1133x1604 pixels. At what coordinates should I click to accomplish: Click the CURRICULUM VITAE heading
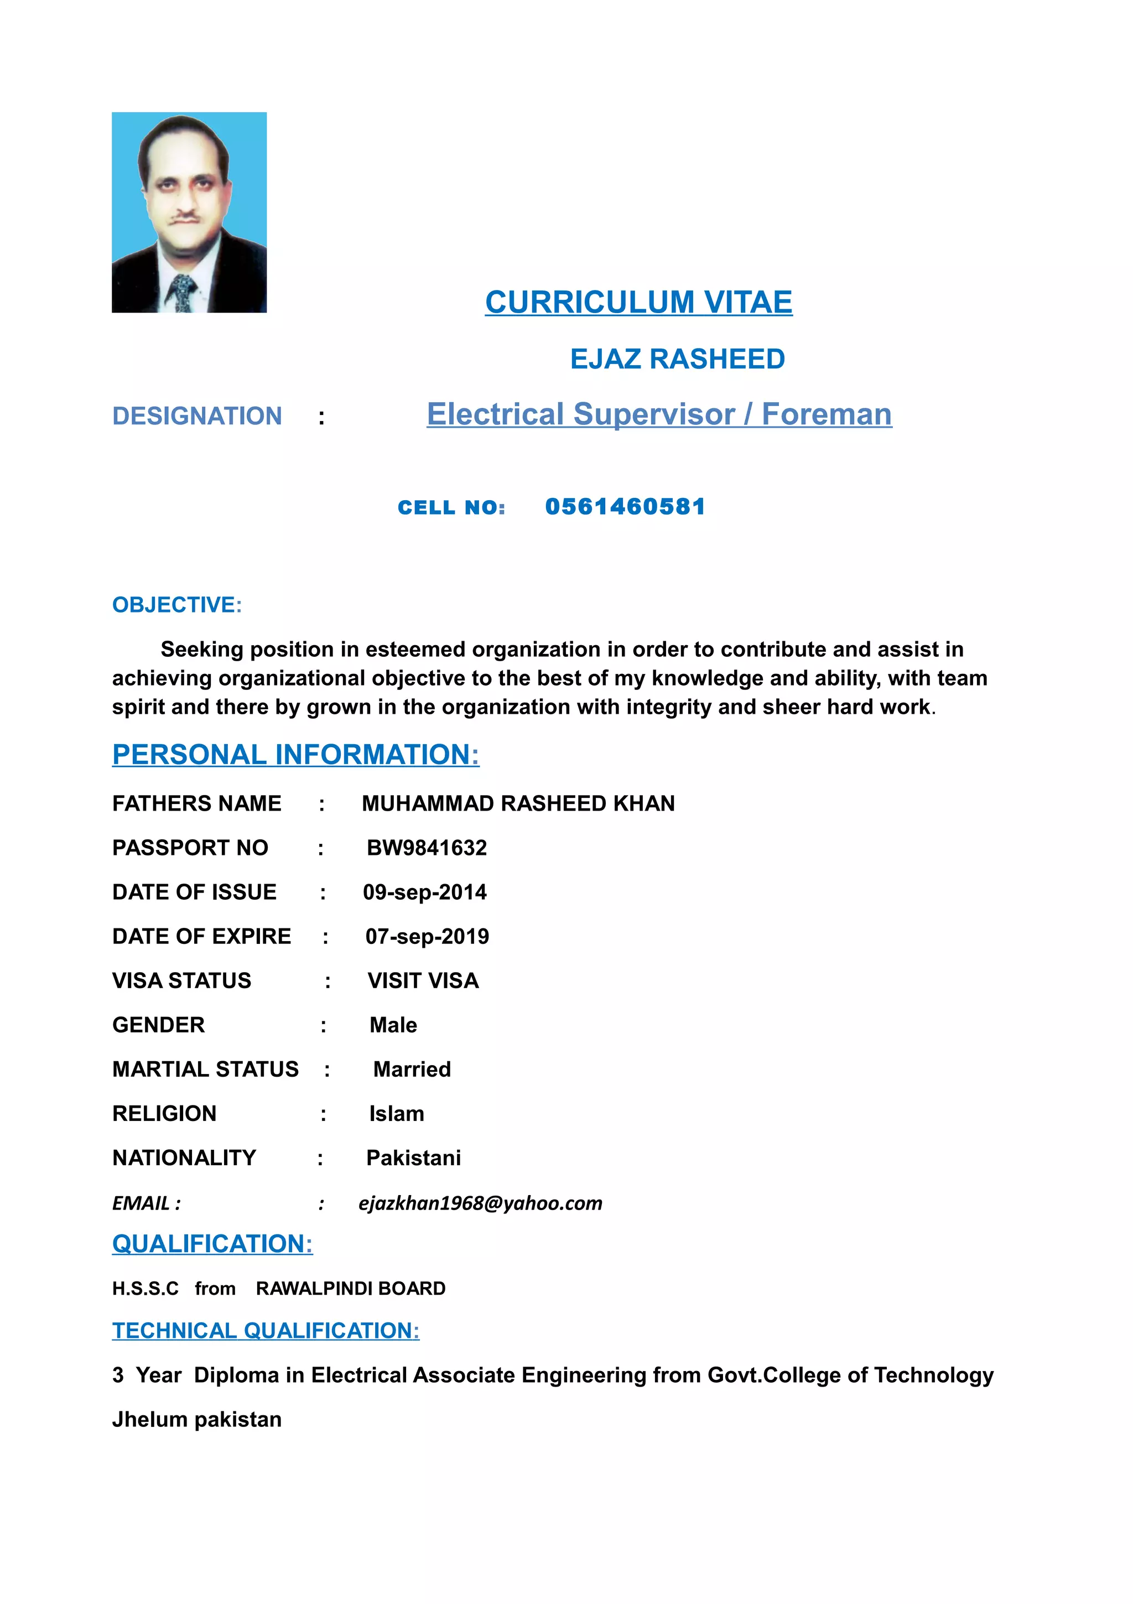click(638, 303)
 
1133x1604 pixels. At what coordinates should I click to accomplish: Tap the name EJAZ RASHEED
click(677, 359)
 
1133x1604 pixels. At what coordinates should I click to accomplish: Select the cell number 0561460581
click(625, 506)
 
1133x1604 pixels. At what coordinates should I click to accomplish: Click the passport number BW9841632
click(427, 848)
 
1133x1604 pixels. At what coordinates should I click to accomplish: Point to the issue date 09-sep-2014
click(425, 892)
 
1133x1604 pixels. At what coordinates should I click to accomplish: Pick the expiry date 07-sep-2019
click(427, 936)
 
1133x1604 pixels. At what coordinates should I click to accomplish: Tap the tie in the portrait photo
click(181, 292)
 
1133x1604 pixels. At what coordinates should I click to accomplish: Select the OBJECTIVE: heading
click(176, 605)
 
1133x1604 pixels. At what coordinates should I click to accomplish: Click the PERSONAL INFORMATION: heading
click(295, 755)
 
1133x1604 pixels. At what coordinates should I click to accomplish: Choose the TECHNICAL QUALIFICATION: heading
click(266, 1331)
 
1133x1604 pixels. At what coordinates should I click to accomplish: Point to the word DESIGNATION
click(197, 417)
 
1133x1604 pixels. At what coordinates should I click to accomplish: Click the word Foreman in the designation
click(827, 414)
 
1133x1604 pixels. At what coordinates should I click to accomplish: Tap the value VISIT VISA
click(423, 981)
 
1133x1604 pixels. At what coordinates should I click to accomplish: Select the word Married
click(412, 1069)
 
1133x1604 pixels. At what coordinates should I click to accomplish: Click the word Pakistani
click(413, 1157)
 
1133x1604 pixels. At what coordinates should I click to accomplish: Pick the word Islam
click(397, 1114)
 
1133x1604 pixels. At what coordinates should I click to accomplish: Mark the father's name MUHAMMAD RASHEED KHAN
click(518, 803)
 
